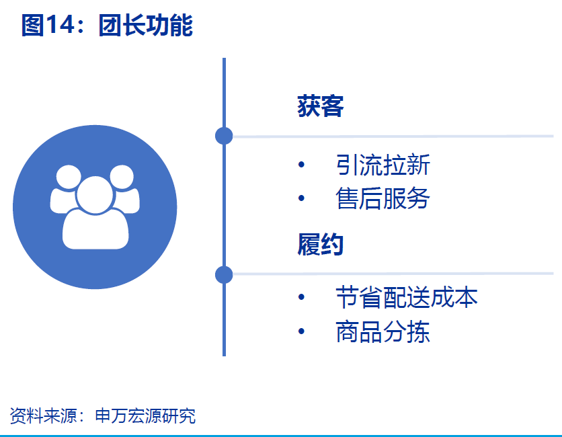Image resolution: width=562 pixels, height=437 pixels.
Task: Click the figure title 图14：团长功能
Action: click(x=107, y=25)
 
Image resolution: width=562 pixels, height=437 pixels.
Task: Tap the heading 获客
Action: click(x=321, y=106)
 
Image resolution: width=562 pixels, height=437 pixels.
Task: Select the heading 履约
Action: click(x=321, y=244)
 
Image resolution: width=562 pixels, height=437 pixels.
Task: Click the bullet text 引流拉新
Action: click(x=383, y=165)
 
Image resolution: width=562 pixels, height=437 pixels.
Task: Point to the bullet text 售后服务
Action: click(x=383, y=198)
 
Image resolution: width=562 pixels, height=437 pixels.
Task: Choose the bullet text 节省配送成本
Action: click(x=407, y=297)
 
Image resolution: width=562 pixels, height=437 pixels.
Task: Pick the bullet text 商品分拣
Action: click(x=383, y=331)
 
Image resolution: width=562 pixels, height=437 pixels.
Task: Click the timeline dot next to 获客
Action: click(x=224, y=136)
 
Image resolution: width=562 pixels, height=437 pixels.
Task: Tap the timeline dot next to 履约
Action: click(x=224, y=275)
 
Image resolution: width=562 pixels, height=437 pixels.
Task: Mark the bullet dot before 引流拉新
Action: click(x=301, y=165)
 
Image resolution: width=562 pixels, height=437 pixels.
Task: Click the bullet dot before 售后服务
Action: click(x=301, y=198)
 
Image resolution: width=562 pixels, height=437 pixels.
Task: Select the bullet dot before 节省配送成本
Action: click(x=301, y=297)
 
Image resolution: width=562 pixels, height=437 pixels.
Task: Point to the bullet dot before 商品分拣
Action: click(x=301, y=331)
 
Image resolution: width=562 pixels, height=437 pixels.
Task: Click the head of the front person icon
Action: click(x=95, y=195)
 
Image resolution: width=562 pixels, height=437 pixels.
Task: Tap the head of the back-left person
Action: click(x=69, y=177)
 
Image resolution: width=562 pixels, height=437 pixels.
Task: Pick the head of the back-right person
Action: click(x=122, y=177)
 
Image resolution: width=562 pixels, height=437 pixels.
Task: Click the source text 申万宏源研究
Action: click(x=145, y=416)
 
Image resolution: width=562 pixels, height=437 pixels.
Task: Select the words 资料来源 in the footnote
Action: click(x=44, y=416)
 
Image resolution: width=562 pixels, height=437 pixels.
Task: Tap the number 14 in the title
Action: click(x=61, y=25)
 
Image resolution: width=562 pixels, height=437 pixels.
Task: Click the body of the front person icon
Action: click(x=95, y=229)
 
